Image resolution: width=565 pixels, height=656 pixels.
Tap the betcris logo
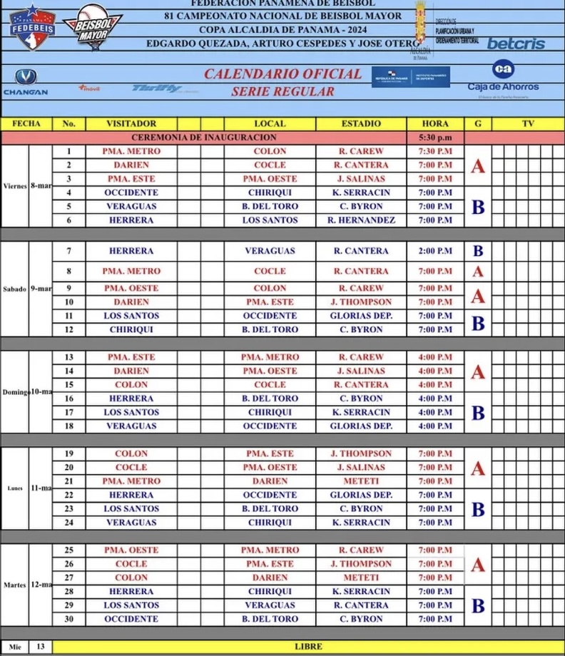click(x=515, y=43)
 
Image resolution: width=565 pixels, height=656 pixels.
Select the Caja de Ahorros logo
click(x=503, y=78)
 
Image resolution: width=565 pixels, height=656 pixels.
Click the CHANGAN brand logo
click(x=26, y=82)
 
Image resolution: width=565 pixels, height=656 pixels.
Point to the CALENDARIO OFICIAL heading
click(x=282, y=74)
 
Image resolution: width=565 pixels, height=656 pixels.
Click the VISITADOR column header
click(x=131, y=124)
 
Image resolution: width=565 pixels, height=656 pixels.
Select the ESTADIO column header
click(x=361, y=124)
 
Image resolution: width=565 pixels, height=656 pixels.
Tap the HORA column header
click(x=435, y=124)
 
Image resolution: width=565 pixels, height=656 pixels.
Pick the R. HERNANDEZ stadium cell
click(x=361, y=220)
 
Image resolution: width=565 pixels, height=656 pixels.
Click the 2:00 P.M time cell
click(x=435, y=251)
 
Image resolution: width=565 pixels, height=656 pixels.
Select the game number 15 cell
click(x=69, y=385)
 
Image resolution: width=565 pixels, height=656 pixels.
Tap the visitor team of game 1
click(x=131, y=151)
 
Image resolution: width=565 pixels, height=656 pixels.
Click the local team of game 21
click(x=270, y=481)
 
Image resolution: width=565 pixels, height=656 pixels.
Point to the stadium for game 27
click(x=361, y=578)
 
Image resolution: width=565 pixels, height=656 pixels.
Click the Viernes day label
click(x=15, y=186)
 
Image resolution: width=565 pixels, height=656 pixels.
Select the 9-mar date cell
click(x=41, y=289)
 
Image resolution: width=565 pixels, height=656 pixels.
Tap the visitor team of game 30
click(x=131, y=619)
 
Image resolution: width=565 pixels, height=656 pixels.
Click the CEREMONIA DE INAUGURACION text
click(x=204, y=138)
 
